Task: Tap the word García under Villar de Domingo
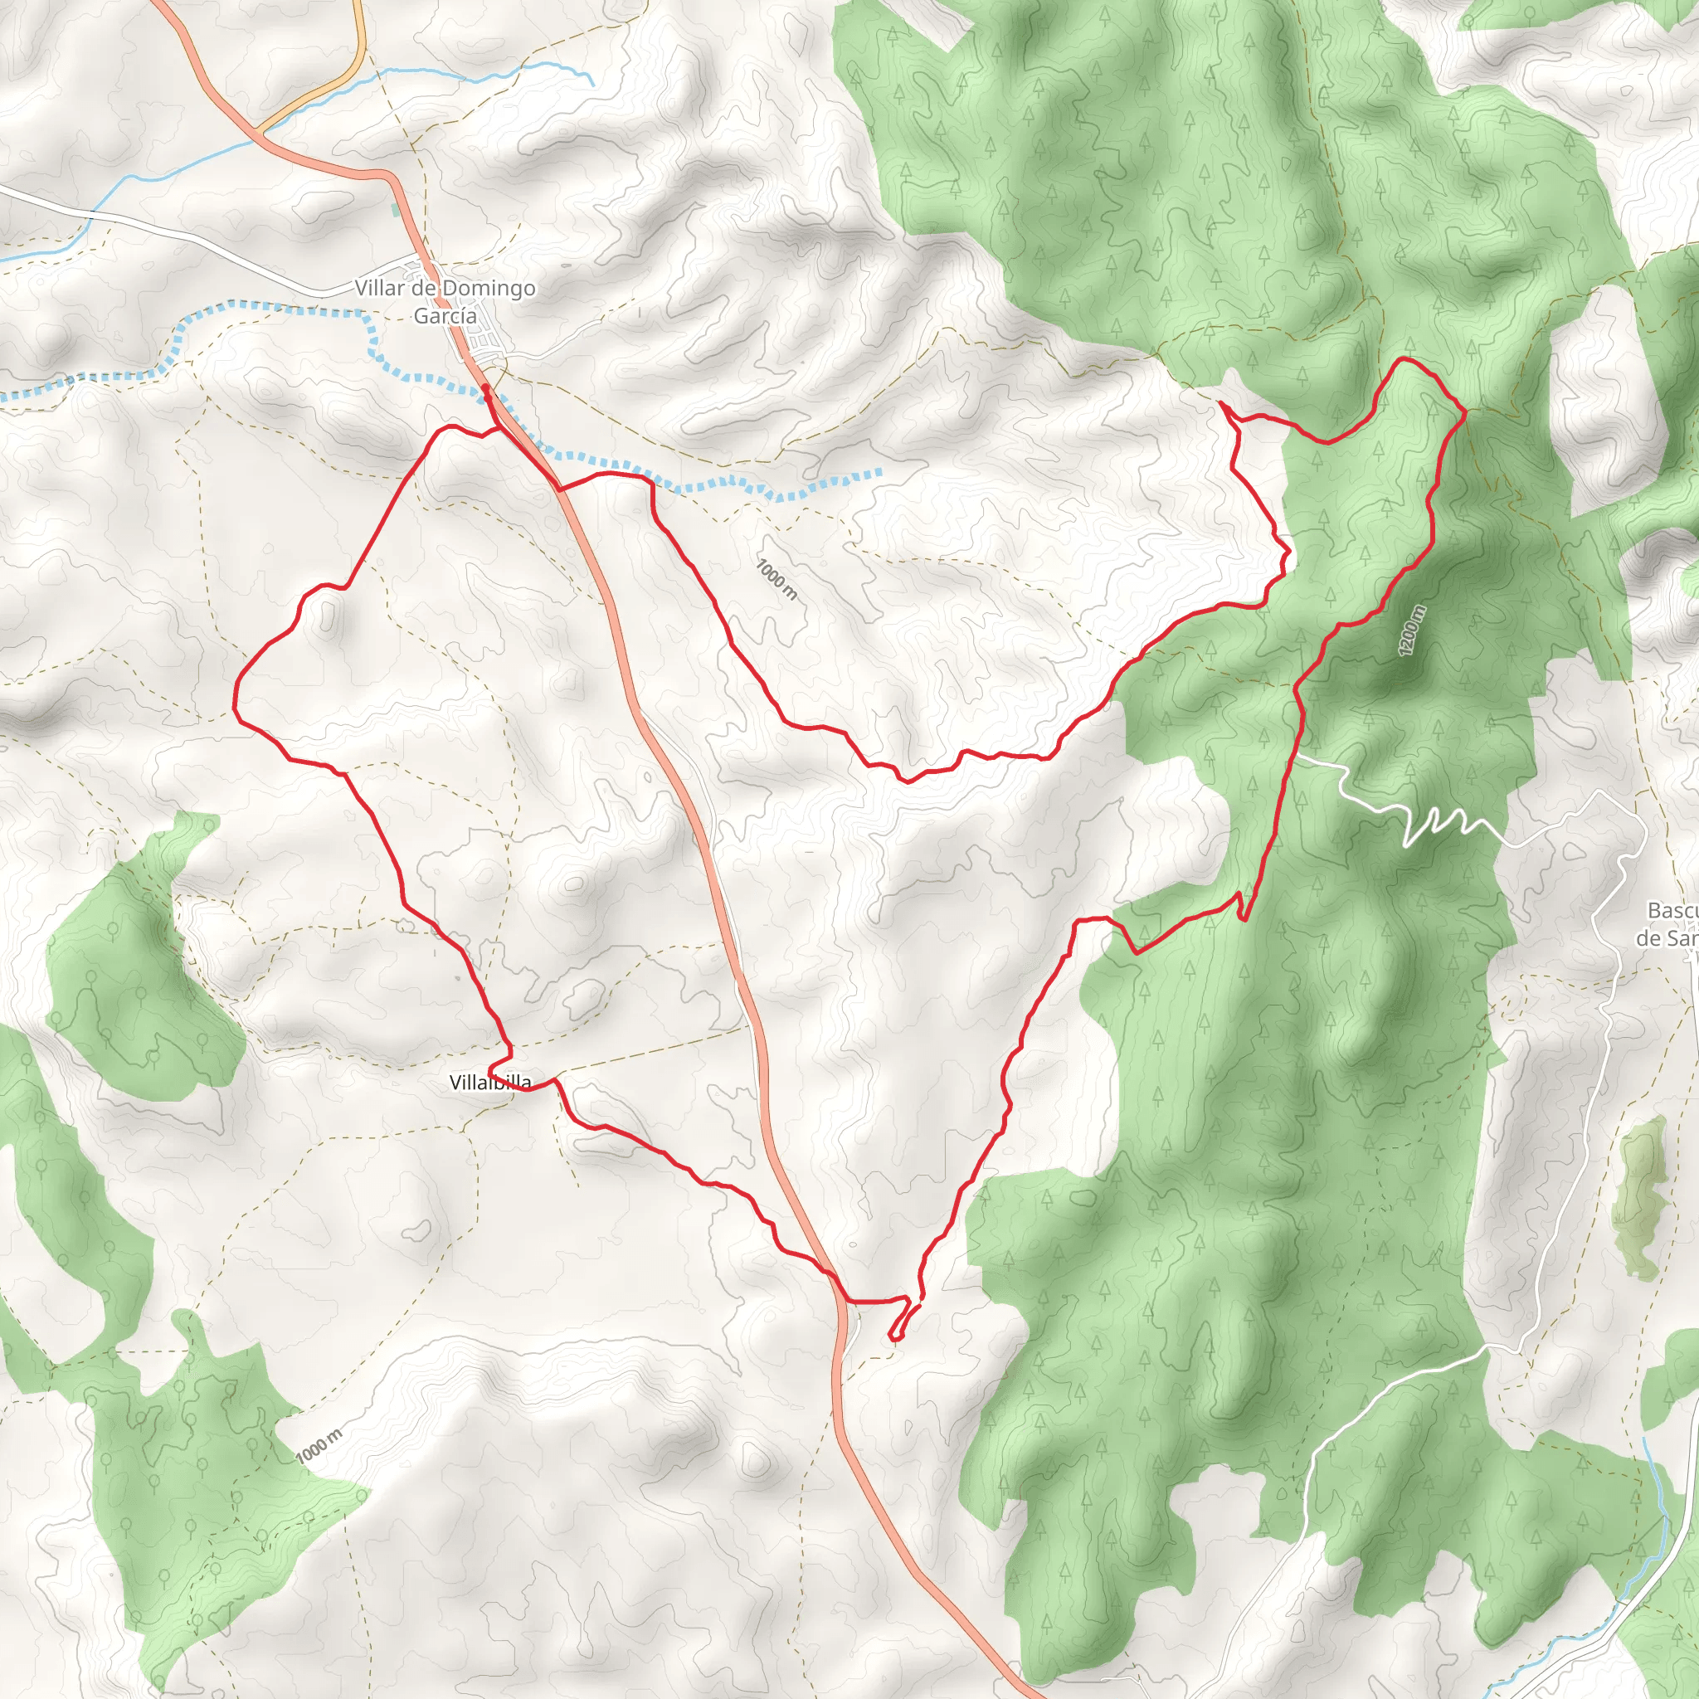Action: (x=445, y=316)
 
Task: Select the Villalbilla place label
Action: (x=489, y=1083)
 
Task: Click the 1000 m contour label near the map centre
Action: (x=777, y=580)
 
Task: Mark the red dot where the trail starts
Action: (x=485, y=387)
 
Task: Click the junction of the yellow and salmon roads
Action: (x=260, y=132)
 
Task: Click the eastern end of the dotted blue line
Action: (x=879, y=473)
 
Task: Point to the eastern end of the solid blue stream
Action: (x=592, y=85)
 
